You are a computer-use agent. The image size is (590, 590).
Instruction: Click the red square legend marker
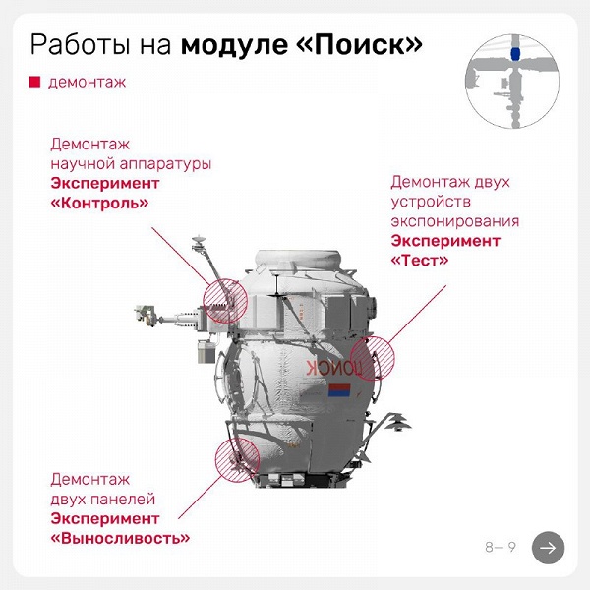(34, 83)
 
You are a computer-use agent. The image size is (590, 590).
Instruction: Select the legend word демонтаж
(87, 83)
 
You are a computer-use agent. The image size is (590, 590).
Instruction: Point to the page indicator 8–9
(500, 547)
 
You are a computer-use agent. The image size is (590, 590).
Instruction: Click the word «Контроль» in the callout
(99, 204)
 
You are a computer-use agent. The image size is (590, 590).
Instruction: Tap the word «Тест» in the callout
(420, 261)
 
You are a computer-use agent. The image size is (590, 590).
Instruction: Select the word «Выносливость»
(120, 538)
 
